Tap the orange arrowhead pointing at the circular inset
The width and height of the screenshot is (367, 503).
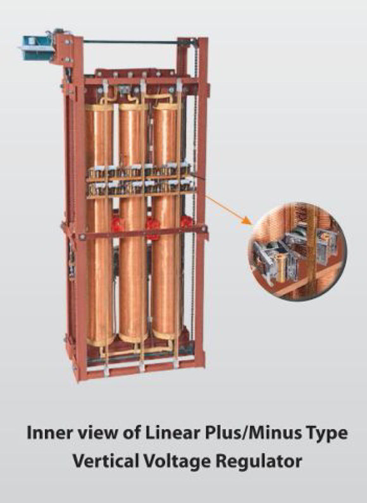(x=246, y=221)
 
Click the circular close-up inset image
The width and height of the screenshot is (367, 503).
(x=297, y=251)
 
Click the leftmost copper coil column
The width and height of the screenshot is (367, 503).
(x=99, y=225)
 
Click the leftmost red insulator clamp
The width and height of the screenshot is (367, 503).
(x=118, y=224)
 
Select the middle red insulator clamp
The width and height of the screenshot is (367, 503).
(x=152, y=227)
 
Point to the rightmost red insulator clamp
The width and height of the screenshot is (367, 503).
(x=186, y=222)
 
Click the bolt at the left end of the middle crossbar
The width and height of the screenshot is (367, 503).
(x=82, y=237)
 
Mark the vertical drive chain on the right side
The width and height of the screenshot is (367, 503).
(x=194, y=192)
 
